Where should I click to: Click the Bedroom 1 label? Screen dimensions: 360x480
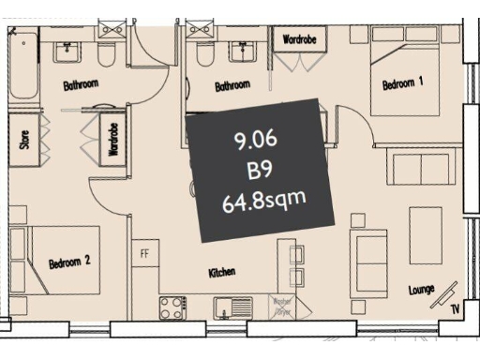pos(403,84)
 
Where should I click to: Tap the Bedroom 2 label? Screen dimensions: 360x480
pos(69,262)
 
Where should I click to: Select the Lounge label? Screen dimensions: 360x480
pos(422,290)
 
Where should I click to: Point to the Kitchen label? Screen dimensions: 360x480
pos(220,273)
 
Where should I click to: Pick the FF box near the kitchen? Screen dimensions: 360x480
pos(144,253)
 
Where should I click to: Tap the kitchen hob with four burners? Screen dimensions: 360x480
pos(173,306)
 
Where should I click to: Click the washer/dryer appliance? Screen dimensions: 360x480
pos(281,306)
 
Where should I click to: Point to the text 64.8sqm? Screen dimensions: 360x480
pos(265,200)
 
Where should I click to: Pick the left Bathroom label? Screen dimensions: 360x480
pos(81,85)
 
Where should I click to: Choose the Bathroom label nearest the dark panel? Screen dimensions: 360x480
pos(232,85)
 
